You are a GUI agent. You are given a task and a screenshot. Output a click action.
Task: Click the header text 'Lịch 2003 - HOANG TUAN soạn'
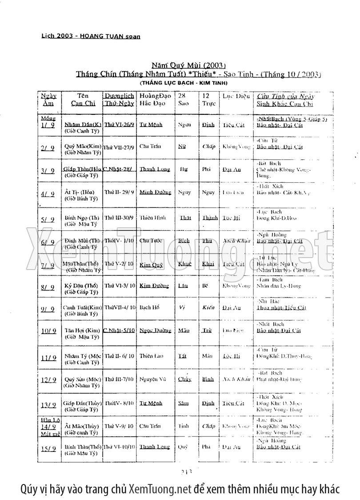[x=88, y=36]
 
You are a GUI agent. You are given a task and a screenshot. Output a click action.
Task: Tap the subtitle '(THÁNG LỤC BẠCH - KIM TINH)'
[x=184, y=83]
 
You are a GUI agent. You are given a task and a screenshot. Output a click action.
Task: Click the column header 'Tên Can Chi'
[x=83, y=100]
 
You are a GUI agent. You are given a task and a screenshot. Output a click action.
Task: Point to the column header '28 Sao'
[x=183, y=100]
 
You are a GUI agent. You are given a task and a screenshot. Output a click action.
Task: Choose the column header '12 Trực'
[x=208, y=100]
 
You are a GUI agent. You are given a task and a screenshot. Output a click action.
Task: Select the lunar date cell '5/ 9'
[x=48, y=219]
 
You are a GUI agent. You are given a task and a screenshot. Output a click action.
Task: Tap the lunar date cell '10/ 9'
[x=48, y=331]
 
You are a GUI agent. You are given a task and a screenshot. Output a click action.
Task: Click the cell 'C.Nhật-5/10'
[x=119, y=331]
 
